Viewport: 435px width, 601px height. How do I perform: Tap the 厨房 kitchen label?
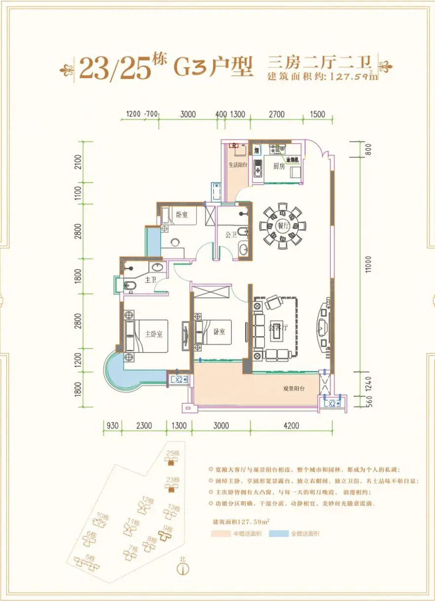[279, 166]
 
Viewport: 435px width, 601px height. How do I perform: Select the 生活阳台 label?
[237, 165]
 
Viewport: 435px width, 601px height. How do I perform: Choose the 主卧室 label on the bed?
[153, 333]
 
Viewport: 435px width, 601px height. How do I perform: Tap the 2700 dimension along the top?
[277, 115]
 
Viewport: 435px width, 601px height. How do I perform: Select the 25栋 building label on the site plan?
[173, 453]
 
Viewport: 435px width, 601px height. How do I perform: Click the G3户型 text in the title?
[213, 68]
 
